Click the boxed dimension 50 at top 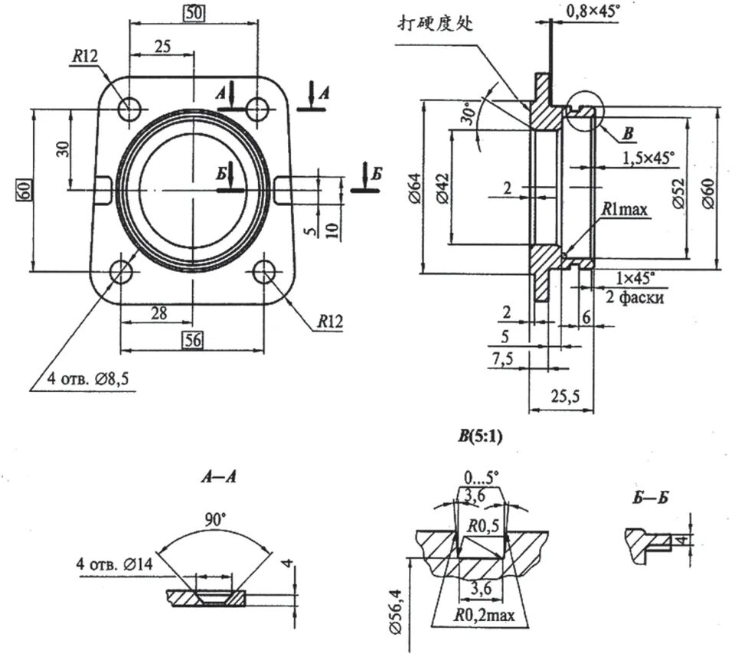[192, 13]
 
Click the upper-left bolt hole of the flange [129, 107]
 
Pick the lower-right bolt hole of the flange [265, 271]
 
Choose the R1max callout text [625, 208]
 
